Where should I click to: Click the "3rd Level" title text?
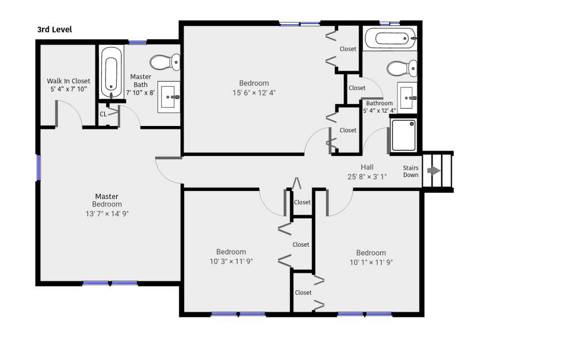tap(55, 29)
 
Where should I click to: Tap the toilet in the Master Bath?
tap(165, 62)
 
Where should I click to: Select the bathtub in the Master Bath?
tap(111, 72)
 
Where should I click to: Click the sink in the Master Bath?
tap(169, 97)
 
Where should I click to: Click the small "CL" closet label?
tap(103, 114)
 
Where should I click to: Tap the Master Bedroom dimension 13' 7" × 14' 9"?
tap(107, 213)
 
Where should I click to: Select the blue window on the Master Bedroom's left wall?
tap(39, 167)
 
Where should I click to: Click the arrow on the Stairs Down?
tap(434, 171)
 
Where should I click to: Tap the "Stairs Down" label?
tap(411, 171)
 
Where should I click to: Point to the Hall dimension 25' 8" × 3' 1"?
tap(367, 177)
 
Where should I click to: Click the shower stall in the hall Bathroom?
tap(404, 135)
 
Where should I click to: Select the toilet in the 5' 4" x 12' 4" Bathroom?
tap(401, 68)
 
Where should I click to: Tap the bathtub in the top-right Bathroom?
tap(391, 38)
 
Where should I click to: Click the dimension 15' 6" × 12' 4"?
tap(254, 93)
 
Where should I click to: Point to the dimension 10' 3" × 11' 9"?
tap(231, 261)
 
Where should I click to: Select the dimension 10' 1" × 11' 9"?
tap(371, 262)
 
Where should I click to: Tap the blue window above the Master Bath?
tap(137, 42)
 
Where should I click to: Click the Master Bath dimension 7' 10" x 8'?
tap(140, 93)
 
